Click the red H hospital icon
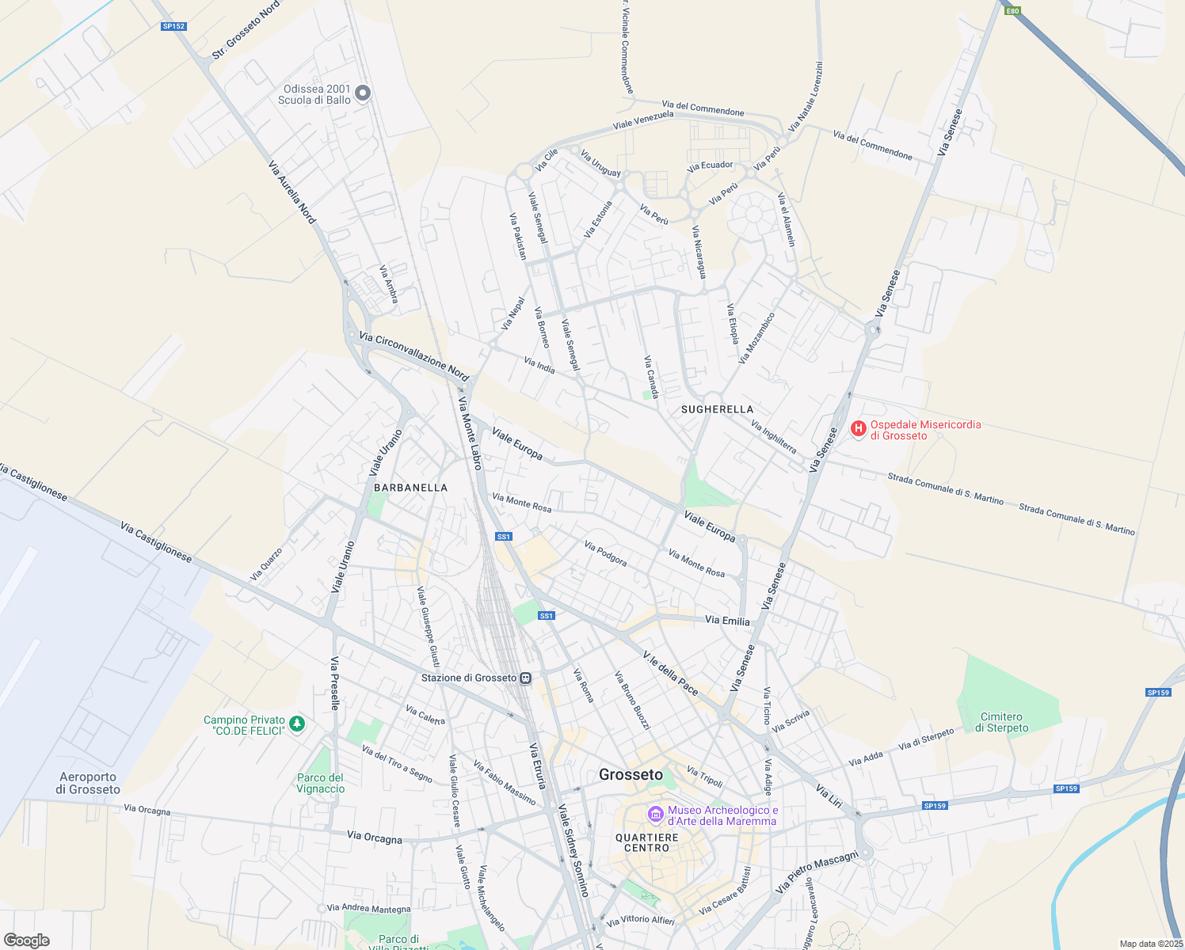pyautogui.click(x=858, y=428)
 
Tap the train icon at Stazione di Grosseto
pyautogui.click(x=525, y=678)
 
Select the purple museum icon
pyautogui.click(x=655, y=814)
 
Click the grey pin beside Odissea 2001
pyautogui.click(x=362, y=93)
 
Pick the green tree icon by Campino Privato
pyautogui.click(x=297, y=724)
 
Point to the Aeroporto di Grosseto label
pyautogui.click(x=87, y=783)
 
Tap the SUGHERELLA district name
pyautogui.click(x=717, y=409)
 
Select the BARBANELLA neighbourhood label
pyautogui.click(x=410, y=488)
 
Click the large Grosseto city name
pyautogui.click(x=631, y=775)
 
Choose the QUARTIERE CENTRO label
pyautogui.click(x=646, y=842)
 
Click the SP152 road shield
pyautogui.click(x=173, y=26)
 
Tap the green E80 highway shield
pyautogui.click(x=1012, y=10)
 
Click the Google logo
pyautogui.click(x=26, y=940)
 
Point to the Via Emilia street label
pyautogui.click(x=727, y=621)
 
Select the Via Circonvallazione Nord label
pyautogui.click(x=413, y=355)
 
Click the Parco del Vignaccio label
pyautogui.click(x=320, y=783)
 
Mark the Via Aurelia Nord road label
pyautogui.click(x=291, y=192)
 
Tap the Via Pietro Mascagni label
pyautogui.click(x=817, y=872)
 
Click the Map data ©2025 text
pyautogui.click(x=1149, y=944)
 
